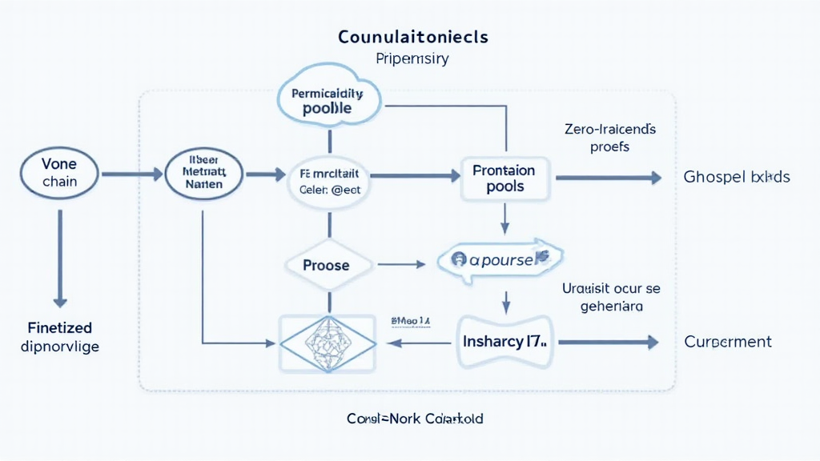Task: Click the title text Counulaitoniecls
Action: click(413, 37)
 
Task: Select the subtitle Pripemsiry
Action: click(412, 58)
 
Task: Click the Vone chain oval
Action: click(60, 173)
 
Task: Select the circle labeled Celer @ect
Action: click(329, 182)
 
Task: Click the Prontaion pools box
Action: click(504, 178)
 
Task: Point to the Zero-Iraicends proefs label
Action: click(609, 138)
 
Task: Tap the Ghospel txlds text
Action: click(737, 177)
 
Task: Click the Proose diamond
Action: click(327, 265)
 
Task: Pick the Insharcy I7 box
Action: click(504, 342)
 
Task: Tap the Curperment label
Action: click(728, 342)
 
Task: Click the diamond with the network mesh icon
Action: click(327, 343)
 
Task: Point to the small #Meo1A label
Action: click(410, 321)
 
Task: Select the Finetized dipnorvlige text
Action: click(59, 337)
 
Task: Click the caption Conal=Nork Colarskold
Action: click(415, 419)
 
